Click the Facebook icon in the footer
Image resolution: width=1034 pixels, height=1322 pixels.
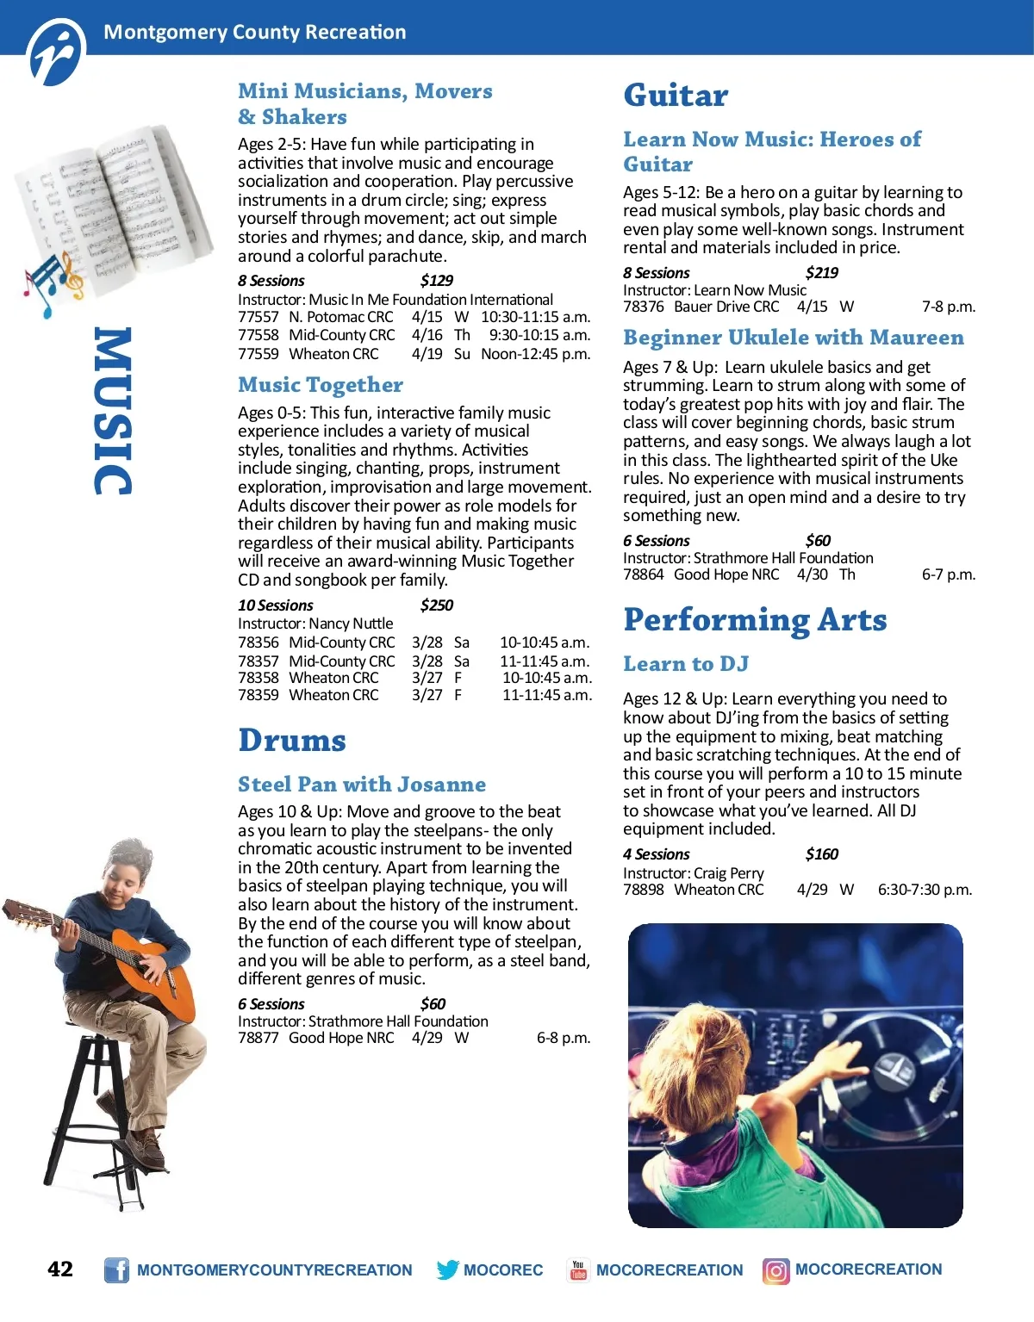point(116,1269)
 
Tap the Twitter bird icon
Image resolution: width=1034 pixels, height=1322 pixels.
point(447,1269)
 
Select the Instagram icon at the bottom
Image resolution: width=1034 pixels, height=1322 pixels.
point(775,1270)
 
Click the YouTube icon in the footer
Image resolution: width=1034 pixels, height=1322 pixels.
point(578,1269)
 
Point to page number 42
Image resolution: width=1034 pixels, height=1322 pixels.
point(60,1269)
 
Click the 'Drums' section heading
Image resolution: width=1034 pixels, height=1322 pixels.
point(292,740)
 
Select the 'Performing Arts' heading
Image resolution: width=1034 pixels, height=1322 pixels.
point(755,619)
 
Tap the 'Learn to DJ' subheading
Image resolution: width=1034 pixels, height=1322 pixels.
point(686,664)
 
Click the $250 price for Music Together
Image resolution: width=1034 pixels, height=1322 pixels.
point(437,605)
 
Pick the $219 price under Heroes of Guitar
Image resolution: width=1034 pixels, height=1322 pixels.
point(822,273)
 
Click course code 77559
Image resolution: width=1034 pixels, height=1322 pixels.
point(258,354)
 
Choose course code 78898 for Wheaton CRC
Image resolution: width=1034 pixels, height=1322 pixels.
point(644,890)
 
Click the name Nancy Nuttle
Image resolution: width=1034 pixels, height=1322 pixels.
point(351,624)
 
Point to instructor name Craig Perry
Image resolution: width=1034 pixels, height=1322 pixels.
point(729,872)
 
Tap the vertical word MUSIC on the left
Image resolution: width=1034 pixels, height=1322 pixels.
point(113,411)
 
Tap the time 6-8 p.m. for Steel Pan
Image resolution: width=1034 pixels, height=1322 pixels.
point(564,1038)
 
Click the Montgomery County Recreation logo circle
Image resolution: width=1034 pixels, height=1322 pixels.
point(57,53)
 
